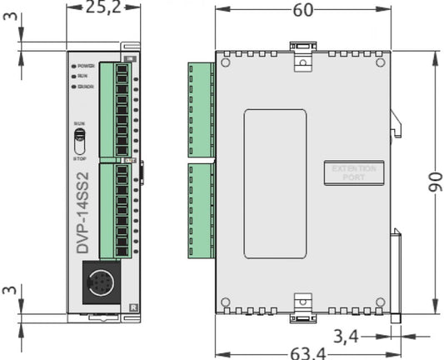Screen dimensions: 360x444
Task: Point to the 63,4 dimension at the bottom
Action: pyautogui.click(x=308, y=352)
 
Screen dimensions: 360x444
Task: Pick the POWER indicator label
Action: pyautogui.click(x=87, y=65)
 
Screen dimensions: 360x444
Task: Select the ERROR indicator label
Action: pyautogui.click(x=87, y=86)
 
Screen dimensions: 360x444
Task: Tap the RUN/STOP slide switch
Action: pyautogui.click(x=81, y=137)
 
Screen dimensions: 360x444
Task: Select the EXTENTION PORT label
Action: pyautogui.click(x=354, y=173)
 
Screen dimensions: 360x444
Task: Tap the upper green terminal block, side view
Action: pyautogui.click(x=202, y=108)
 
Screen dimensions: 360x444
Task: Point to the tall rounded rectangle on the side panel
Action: pyautogui.click(x=275, y=183)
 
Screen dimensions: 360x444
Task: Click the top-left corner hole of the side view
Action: pyautogui.click(x=225, y=61)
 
